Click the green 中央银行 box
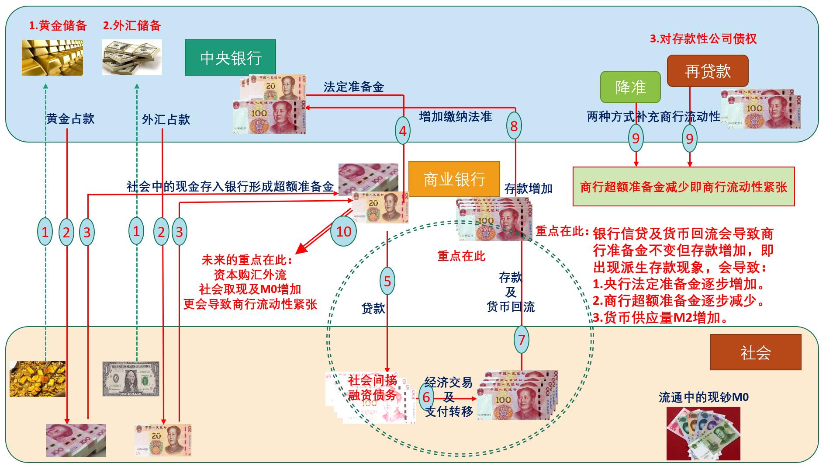(x=230, y=58)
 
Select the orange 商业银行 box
(x=454, y=179)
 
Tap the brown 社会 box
(x=755, y=352)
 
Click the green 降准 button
(x=630, y=87)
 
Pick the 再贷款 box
(x=707, y=71)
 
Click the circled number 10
(x=343, y=231)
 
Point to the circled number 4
(x=403, y=131)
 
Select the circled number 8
(x=514, y=126)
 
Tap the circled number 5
(x=387, y=281)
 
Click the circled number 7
(x=521, y=339)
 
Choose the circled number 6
(x=426, y=397)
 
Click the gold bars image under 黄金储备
(x=52, y=57)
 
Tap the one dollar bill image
(x=131, y=379)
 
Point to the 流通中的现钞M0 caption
(x=703, y=397)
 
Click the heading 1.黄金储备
(x=58, y=26)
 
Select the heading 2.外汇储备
(x=132, y=25)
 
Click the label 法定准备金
(x=353, y=87)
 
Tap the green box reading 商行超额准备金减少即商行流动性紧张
(x=683, y=187)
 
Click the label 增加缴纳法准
(x=455, y=116)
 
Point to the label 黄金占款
(x=70, y=118)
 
